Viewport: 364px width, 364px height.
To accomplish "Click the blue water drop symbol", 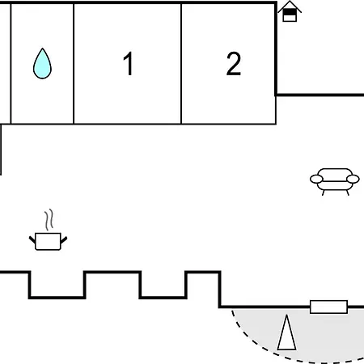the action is point(42,65).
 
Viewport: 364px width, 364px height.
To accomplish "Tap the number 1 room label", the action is point(129,64).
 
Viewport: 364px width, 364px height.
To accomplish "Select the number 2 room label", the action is point(234,64).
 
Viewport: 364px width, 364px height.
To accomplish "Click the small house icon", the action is point(290,11).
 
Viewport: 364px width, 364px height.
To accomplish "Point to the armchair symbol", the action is point(335,181).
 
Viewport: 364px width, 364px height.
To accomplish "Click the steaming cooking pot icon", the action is point(48,230).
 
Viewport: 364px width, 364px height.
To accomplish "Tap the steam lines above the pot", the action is point(49,219).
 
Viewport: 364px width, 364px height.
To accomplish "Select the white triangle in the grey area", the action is point(286,332).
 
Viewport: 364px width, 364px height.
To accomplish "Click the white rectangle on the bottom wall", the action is point(328,307).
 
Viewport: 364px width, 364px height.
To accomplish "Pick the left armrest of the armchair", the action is point(316,179).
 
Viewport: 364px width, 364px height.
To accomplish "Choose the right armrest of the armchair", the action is point(353,179).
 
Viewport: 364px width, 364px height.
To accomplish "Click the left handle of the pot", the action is point(32,239).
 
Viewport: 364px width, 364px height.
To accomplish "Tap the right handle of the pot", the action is point(64,239).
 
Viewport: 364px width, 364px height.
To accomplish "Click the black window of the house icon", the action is point(290,12).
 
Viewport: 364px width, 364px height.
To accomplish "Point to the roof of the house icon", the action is point(290,6).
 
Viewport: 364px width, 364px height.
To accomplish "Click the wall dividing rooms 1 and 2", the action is point(181,64).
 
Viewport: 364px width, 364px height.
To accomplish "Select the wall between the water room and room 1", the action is point(74,64).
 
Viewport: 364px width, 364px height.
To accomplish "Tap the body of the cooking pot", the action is point(48,242).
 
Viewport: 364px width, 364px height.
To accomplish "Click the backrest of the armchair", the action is point(335,173).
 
